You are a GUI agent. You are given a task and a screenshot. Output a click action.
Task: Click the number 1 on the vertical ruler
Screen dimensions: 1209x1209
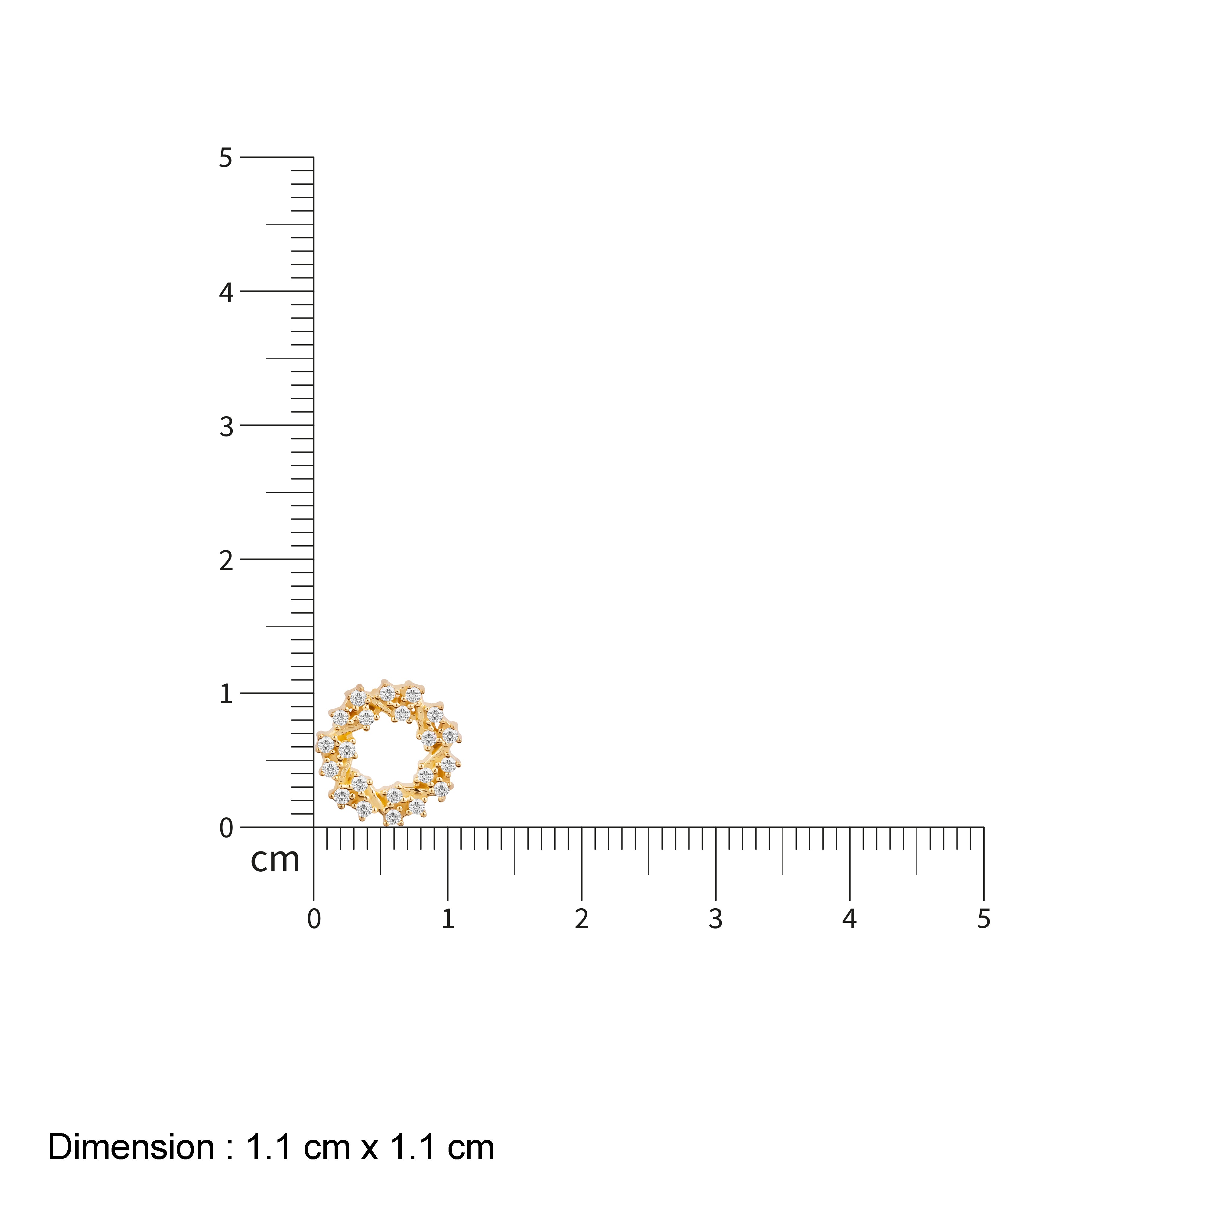[226, 694]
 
